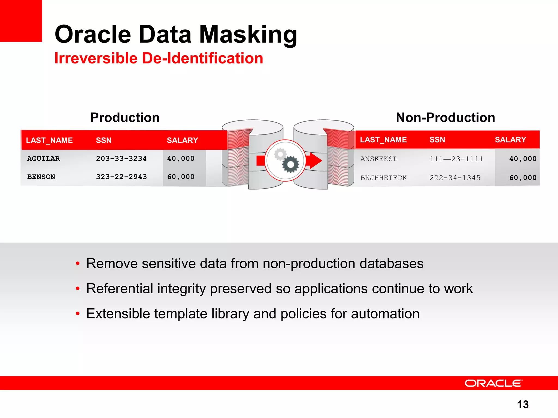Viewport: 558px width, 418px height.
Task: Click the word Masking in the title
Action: pyautogui.click(x=248, y=35)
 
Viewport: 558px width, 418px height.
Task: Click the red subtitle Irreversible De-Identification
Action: pyautogui.click(x=159, y=58)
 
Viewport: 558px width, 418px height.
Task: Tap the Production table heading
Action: pyautogui.click(x=125, y=118)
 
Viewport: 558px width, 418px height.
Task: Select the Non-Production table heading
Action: pyautogui.click(x=445, y=118)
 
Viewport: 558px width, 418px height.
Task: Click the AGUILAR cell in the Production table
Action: pyautogui.click(x=43, y=159)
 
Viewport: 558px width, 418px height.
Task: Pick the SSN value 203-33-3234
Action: pyautogui.click(x=121, y=159)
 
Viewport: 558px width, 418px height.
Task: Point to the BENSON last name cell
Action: pyautogui.click(x=41, y=177)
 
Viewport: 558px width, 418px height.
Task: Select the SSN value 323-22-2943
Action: pyautogui.click(x=121, y=177)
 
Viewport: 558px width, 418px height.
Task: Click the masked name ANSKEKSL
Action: pyautogui.click(x=379, y=159)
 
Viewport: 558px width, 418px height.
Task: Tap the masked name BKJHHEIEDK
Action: pyautogui.click(x=383, y=178)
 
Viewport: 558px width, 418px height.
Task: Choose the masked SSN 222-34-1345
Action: pyautogui.click(x=455, y=178)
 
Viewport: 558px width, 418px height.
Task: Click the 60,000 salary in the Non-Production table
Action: pyautogui.click(x=523, y=178)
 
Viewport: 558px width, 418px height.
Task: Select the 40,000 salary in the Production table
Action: pyautogui.click(x=181, y=159)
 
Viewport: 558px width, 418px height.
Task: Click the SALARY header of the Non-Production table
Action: pyautogui.click(x=510, y=140)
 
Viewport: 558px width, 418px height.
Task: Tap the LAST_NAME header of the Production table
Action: pyautogui.click(x=49, y=140)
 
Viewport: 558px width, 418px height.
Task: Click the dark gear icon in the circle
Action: pyautogui.click(x=290, y=164)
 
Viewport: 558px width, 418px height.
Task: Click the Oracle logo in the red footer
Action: pyautogui.click(x=493, y=383)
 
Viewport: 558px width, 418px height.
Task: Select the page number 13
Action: pyautogui.click(x=523, y=404)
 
